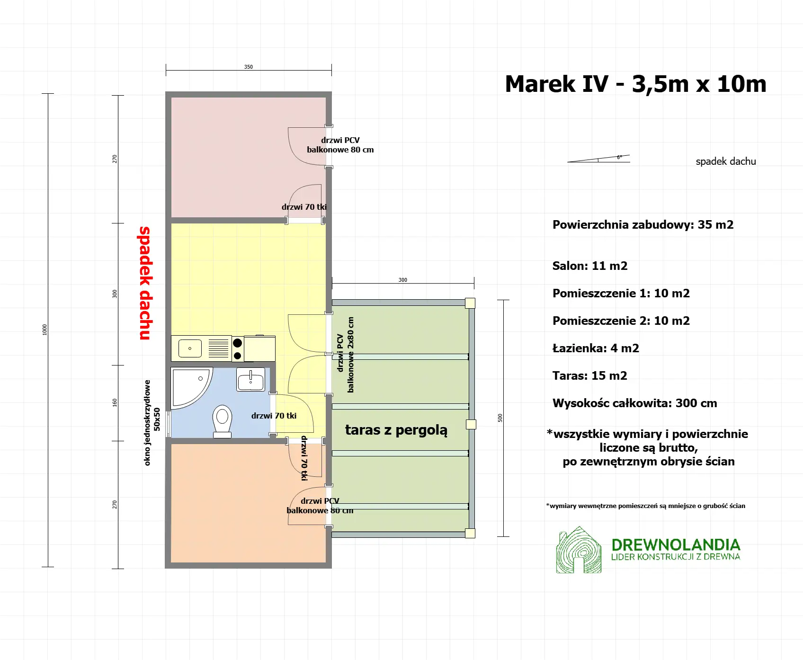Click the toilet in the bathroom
pos(222,420)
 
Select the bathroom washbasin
pos(250,380)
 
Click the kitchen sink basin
pos(190,348)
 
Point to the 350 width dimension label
pos(249,67)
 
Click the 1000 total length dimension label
pos(45,330)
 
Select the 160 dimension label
pos(115,402)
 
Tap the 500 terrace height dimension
pos(500,418)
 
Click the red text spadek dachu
pos(145,283)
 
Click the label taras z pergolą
pos(396,430)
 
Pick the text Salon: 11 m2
pos(590,266)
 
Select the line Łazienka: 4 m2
pos(596,348)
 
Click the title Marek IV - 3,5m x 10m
pos(635,84)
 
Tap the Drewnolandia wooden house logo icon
pos(579,550)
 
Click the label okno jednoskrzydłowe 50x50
pos(152,422)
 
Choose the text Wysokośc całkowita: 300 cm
pos(634,403)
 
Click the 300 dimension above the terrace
pos(403,280)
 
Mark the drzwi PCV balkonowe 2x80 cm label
pos(345,354)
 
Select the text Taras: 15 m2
pos(589,376)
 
